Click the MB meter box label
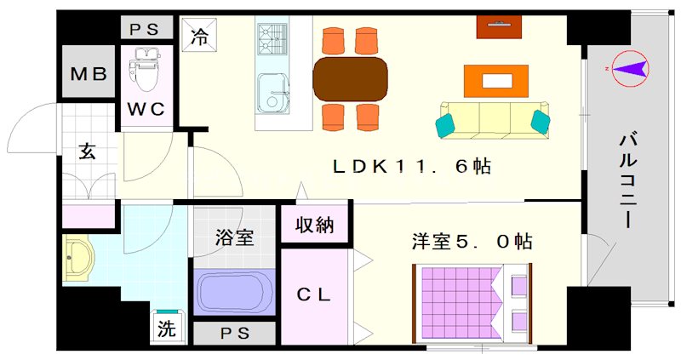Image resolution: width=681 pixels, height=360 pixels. tap(89, 74)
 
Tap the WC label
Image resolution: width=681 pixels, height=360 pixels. tap(146, 109)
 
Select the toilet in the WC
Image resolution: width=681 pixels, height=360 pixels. tap(146, 70)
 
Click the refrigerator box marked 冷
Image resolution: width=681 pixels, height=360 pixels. tap(199, 35)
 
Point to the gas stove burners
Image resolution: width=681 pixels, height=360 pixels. tap(272, 38)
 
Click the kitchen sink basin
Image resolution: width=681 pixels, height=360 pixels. tap(272, 93)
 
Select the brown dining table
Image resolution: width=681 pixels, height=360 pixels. tap(350, 79)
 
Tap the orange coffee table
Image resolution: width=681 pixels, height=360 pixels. tap(496, 81)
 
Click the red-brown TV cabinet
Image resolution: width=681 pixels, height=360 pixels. tap(499, 27)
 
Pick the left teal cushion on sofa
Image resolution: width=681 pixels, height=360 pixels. tap(445, 125)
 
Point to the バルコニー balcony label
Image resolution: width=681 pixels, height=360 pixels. tap(628, 181)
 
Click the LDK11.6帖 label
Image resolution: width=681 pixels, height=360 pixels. tap(412, 166)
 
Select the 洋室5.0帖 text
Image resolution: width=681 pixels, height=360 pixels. tap(472, 242)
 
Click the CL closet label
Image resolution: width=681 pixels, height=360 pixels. tap(313, 294)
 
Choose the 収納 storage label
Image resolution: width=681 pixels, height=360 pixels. tap(314, 225)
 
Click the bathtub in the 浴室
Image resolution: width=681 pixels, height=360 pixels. tap(235, 292)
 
